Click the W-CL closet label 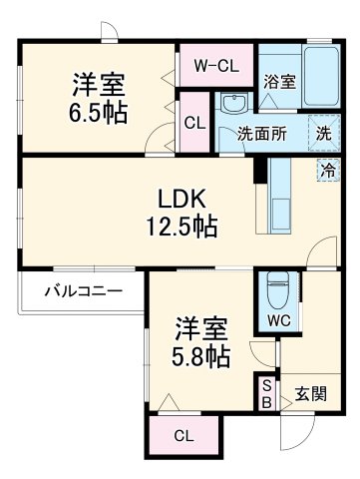(214, 67)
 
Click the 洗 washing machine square (325, 131)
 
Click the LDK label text (180, 198)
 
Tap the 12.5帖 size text (180, 226)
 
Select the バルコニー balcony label (83, 291)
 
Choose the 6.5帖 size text (97, 113)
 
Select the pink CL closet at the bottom (184, 435)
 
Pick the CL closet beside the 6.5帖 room (194, 122)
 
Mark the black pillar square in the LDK (260, 170)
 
